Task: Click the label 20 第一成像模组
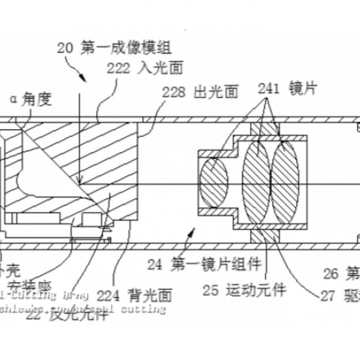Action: click(x=114, y=49)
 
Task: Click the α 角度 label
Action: click(x=31, y=100)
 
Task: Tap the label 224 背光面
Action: click(x=134, y=295)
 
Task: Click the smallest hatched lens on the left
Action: click(x=215, y=183)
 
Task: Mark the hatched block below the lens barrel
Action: click(x=265, y=236)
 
